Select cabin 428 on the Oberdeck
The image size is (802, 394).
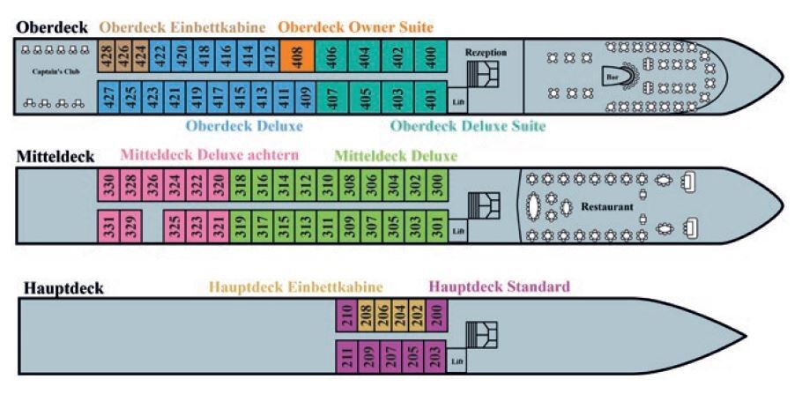[x=105, y=58]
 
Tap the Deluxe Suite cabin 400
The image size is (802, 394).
[x=430, y=58]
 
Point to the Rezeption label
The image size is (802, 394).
[x=486, y=53]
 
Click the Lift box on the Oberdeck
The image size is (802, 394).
[x=458, y=102]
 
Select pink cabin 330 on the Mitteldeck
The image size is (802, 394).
[x=107, y=187]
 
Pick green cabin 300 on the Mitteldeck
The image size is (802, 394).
[x=438, y=187]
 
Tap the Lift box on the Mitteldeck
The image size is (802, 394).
[x=457, y=231]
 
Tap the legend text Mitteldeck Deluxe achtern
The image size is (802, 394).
[x=209, y=156]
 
